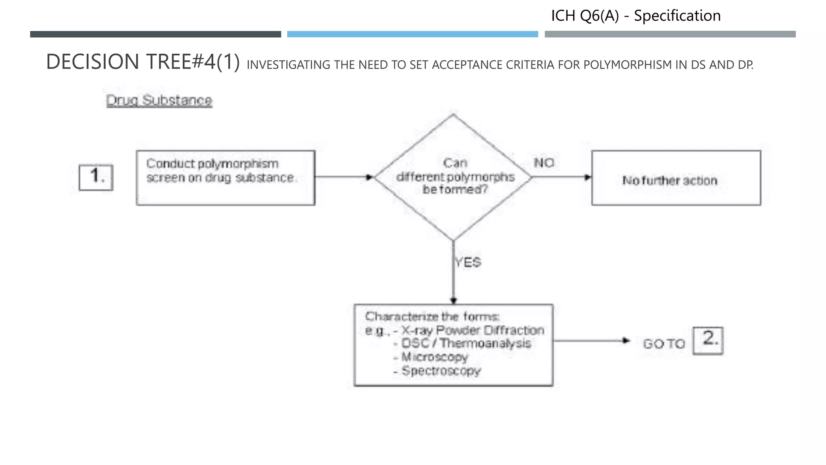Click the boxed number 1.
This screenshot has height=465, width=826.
click(x=96, y=177)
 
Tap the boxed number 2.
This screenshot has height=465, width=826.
click(x=708, y=341)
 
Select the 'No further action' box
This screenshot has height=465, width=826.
click(x=676, y=178)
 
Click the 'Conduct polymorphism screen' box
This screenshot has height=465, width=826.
click(x=225, y=178)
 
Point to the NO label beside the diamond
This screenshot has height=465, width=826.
click(x=544, y=163)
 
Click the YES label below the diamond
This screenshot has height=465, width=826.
click(x=468, y=263)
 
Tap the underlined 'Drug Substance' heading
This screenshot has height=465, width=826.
click(x=159, y=100)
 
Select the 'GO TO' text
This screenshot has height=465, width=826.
click(x=664, y=344)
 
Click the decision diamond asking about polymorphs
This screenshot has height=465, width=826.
click(x=453, y=177)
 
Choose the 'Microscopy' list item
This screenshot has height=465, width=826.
click(x=434, y=357)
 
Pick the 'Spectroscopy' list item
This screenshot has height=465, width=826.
click(x=441, y=371)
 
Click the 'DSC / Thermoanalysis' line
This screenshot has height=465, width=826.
click(x=466, y=344)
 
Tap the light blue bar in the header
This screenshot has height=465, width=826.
click(x=412, y=34)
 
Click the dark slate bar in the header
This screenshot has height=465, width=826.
click(x=155, y=34)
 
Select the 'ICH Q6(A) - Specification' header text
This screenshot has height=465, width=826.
click(x=636, y=16)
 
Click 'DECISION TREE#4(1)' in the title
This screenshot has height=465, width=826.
click(x=143, y=62)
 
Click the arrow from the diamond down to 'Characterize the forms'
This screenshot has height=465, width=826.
click(x=453, y=279)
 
